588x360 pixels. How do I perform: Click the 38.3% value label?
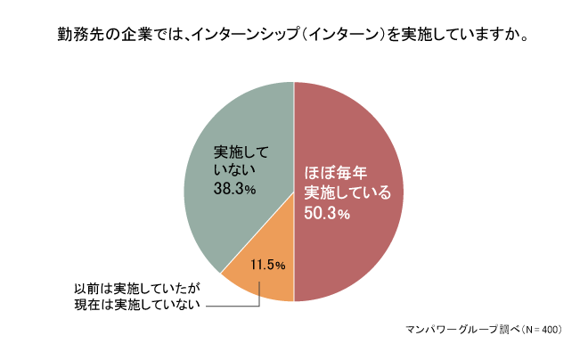pos(235,189)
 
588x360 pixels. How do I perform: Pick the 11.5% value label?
pos(267,265)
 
